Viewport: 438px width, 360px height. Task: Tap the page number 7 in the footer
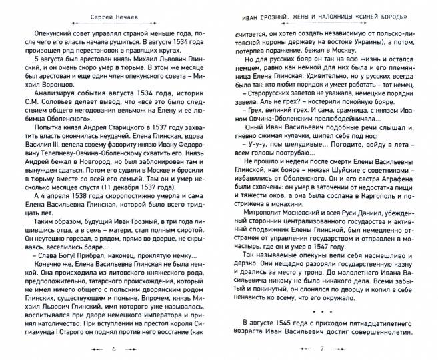[x=321, y=349]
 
